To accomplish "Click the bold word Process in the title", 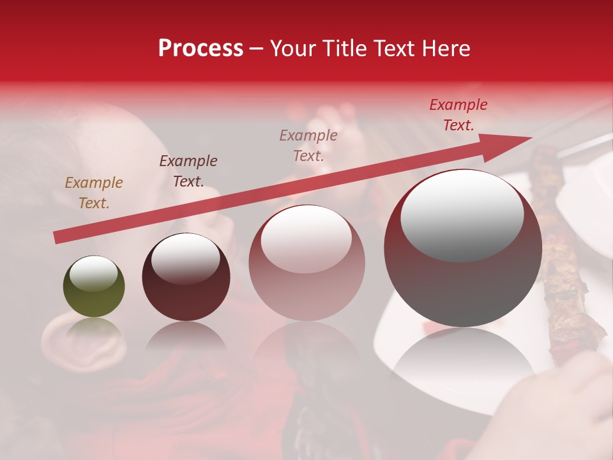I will click(201, 49).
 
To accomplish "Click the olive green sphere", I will click(94, 287).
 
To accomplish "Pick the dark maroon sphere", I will click(186, 276).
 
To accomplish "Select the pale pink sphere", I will click(306, 263).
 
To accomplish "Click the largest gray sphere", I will click(462, 248).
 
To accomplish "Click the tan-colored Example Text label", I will click(94, 193).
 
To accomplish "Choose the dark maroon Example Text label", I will click(188, 171).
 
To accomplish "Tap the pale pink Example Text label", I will click(308, 145).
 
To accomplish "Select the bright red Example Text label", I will click(458, 115).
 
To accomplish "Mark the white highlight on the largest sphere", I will click(462, 215).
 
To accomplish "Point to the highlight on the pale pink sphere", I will click(306, 239).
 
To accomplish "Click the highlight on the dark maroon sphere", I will click(185, 259).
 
